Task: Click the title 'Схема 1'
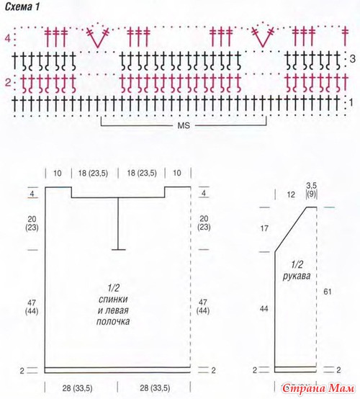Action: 22,7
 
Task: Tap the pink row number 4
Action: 8,39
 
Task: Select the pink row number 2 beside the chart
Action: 8,83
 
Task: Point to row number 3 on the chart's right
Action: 352,59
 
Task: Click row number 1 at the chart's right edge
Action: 351,102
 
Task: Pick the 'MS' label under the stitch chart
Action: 184,125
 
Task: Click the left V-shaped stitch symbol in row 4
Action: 98,37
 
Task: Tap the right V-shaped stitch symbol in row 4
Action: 263,37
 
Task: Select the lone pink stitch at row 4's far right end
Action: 346,36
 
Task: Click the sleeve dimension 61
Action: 328,292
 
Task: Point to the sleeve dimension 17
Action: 264,228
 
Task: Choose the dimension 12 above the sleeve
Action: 291,194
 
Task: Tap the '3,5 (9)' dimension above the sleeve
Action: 312,190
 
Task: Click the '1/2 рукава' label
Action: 297,270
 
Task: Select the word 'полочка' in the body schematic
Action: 113,322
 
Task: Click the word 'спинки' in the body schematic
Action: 113,300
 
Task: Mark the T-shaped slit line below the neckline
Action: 118,223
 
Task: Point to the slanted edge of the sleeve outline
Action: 291,230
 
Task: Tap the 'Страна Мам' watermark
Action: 318,388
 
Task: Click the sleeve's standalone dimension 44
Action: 264,309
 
